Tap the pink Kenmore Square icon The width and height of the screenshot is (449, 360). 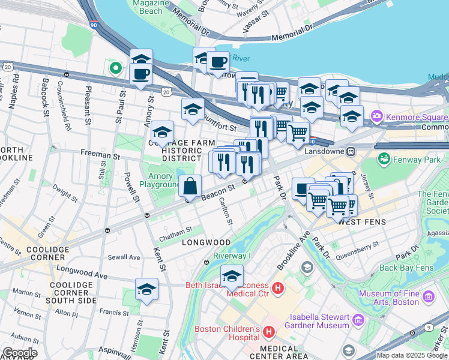(377, 115)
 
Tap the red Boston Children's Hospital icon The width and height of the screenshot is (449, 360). (269, 331)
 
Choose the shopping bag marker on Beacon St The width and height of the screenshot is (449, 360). (190, 187)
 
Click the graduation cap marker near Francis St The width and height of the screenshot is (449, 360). (146, 290)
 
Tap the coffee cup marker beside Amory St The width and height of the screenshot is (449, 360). (140, 74)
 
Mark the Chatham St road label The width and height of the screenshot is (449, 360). (176, 229)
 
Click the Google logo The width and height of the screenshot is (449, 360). (19, 353)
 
